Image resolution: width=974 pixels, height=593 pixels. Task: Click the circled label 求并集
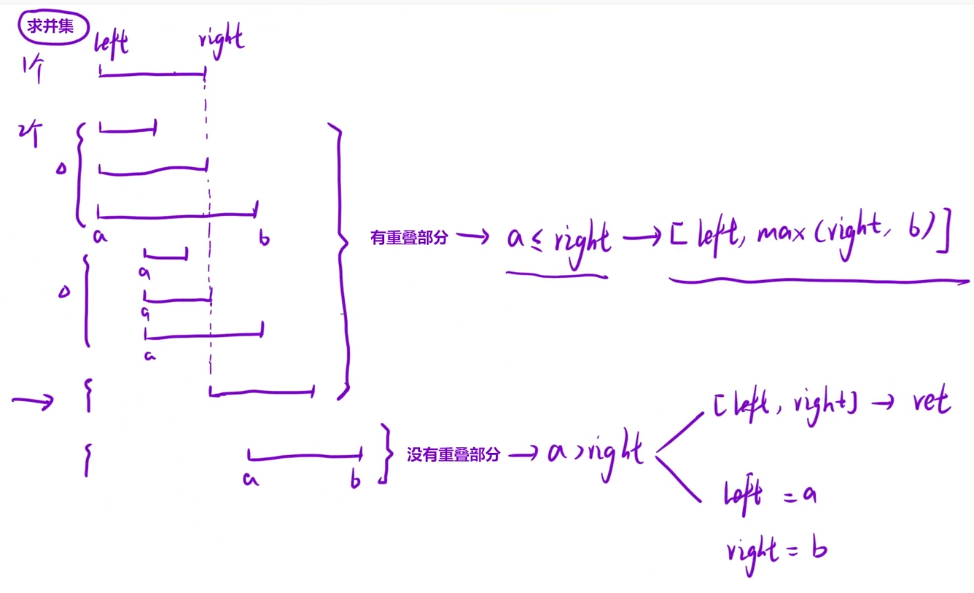pos(52,28)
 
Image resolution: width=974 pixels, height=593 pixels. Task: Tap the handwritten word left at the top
pos(112,42)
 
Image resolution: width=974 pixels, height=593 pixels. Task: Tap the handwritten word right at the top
pos(221,38)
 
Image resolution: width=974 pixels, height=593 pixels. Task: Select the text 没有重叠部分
pos(453,455)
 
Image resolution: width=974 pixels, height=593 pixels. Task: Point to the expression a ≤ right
pos(558,239)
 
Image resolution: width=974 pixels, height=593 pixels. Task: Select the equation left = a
pos(769,496)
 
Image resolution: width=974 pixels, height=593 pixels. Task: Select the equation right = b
pos(776,550)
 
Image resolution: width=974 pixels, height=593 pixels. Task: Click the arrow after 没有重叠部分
pos(523,455)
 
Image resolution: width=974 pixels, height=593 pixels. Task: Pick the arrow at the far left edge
pos(33,400)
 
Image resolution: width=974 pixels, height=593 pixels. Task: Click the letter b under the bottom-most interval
pos(356,481)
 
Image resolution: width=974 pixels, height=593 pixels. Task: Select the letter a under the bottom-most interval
pos(251,480)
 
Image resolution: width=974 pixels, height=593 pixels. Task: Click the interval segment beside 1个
pos(152,74)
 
